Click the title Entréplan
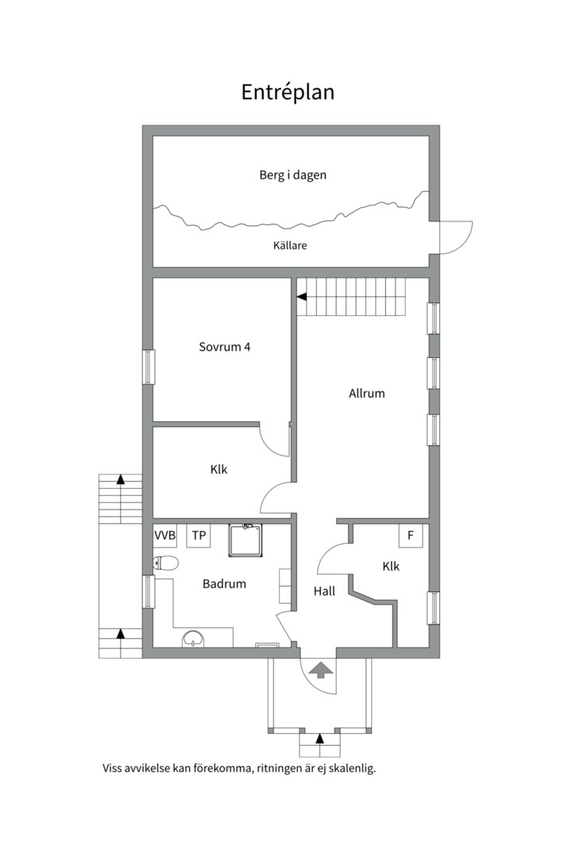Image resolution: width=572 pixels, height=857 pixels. tap(288, 92)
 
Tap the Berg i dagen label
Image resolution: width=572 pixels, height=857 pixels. tap(293, 175)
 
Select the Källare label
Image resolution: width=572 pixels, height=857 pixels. tap(290, 245)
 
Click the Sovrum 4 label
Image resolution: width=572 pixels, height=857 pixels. tap(224, 347)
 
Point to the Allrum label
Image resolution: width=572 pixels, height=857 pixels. tap(367, 393)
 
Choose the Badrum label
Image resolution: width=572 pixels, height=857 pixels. tap(224, 584)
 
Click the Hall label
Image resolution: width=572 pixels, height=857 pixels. tap(324, 591)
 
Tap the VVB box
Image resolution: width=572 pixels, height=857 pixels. tap(164, 536)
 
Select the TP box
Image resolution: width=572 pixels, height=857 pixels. tap(199, 536)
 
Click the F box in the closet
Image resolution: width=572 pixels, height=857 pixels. tap(411, 536)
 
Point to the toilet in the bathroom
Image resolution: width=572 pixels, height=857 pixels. tap(166, 563)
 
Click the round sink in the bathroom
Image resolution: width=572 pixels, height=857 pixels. tap(192, 639)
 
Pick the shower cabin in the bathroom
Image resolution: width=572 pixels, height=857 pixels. tap(245, 540)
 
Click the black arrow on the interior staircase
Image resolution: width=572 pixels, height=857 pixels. tap(302, 298)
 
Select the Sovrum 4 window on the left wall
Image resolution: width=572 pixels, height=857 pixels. tap(148, 367)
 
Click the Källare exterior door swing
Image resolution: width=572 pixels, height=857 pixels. tap(456, 237)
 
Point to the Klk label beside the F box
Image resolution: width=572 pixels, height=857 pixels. tap(391, 567)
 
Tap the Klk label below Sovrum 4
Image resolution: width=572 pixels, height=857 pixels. tap(219, 469)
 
